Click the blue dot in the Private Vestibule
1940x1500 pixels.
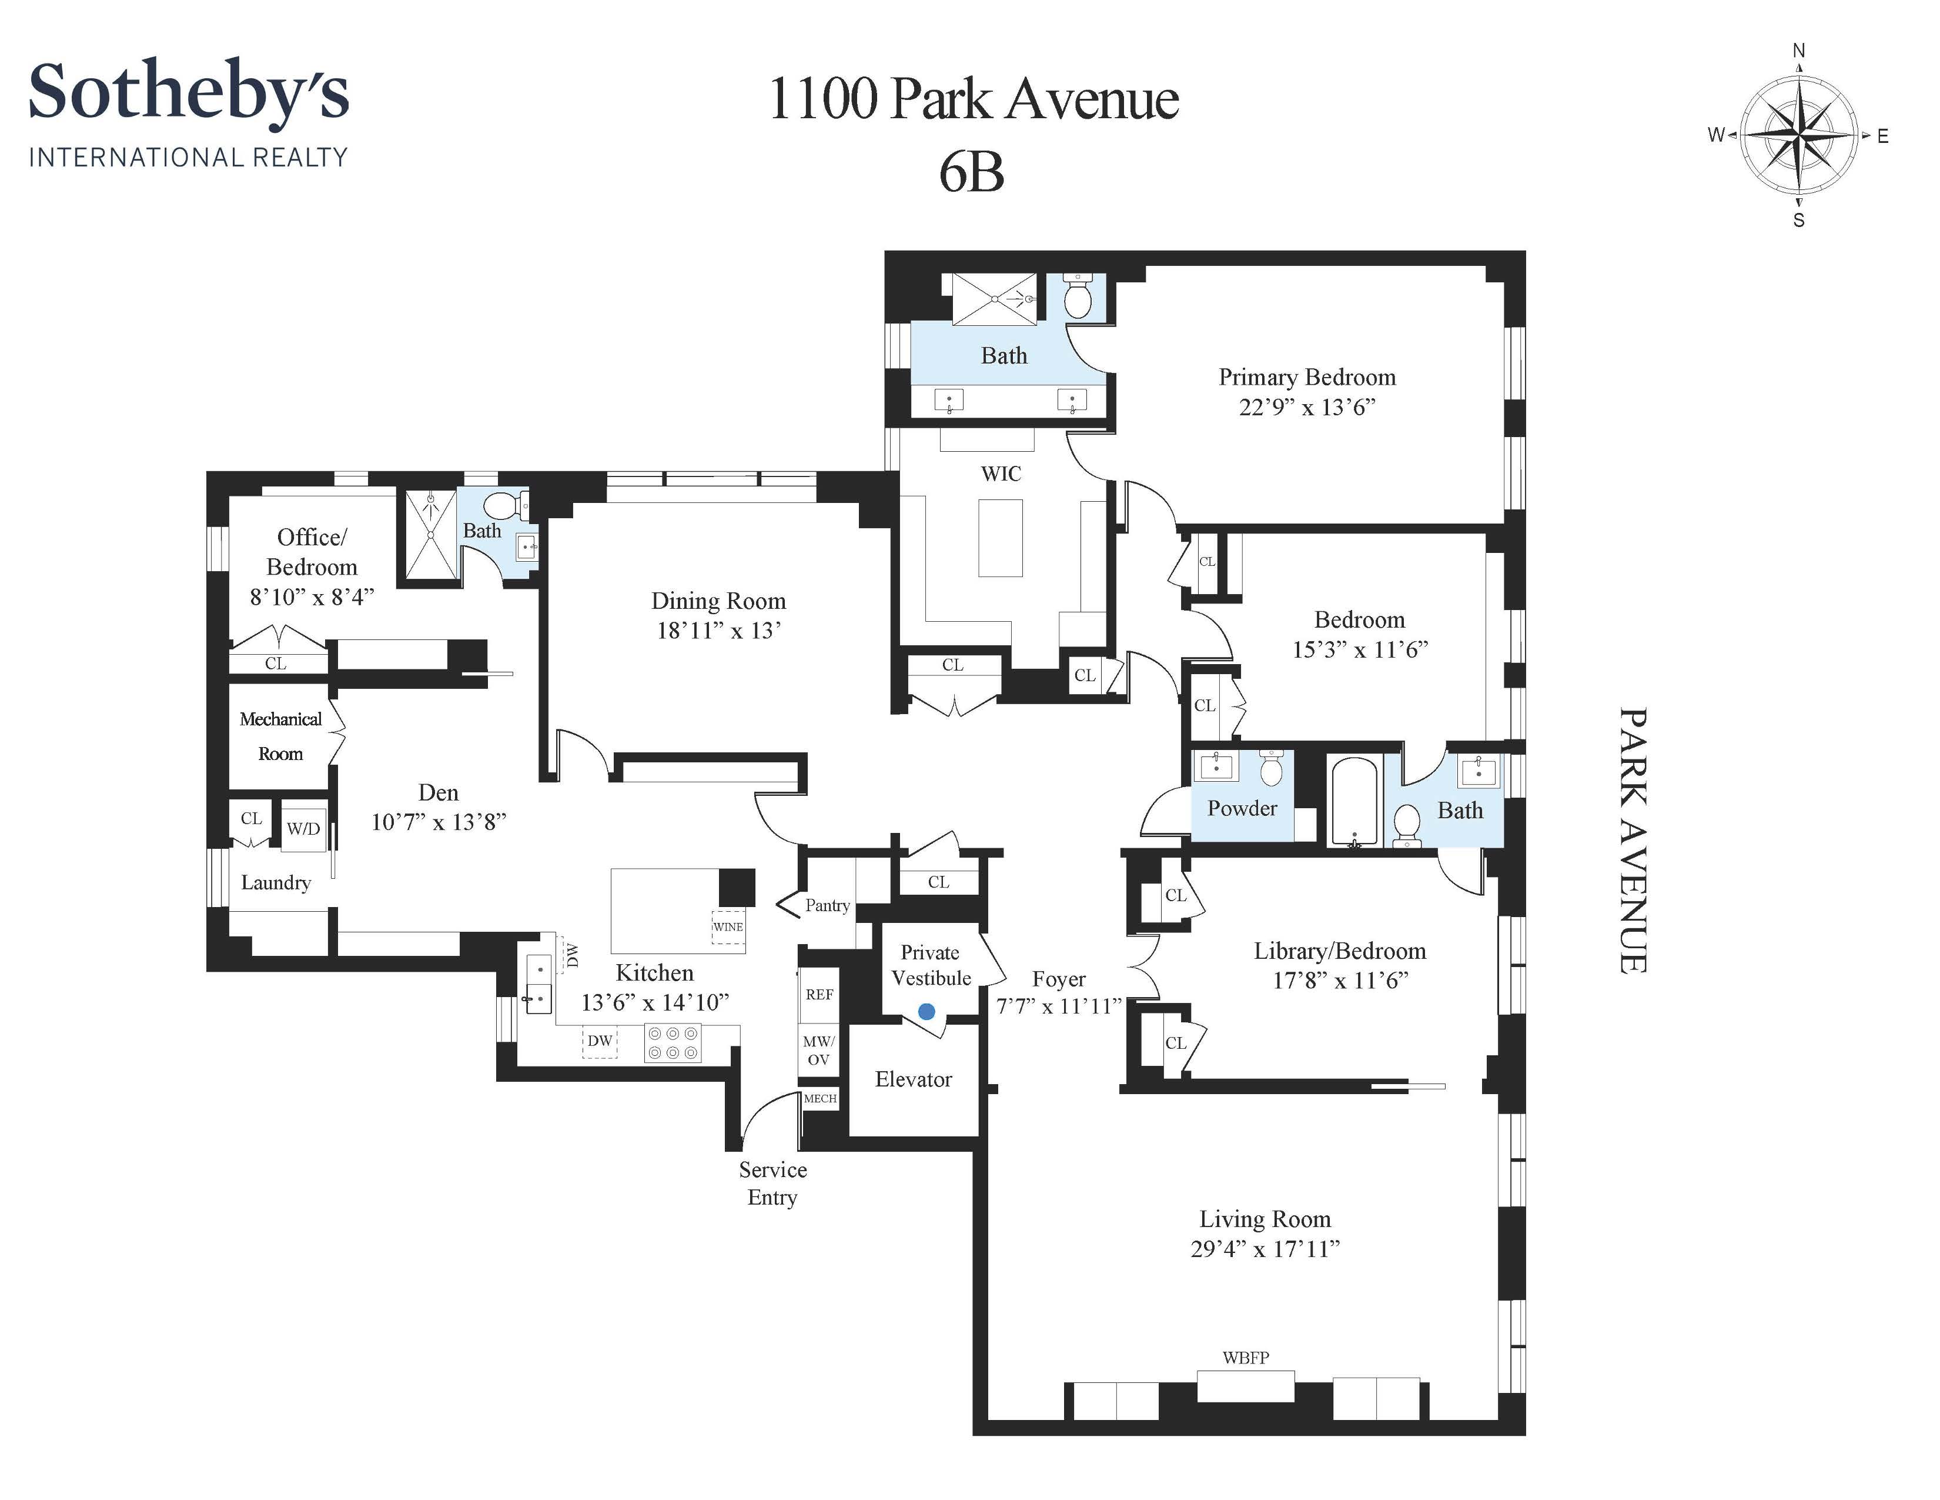926,1011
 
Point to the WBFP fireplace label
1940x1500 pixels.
1245,1357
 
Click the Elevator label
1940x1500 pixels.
913,1079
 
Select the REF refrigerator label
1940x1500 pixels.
819,994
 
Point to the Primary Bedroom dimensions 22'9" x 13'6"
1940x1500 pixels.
1307,407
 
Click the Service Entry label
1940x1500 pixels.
773,1184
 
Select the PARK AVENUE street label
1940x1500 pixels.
1633,840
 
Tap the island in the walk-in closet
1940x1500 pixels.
1000,538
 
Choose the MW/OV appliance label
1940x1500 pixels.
818,1051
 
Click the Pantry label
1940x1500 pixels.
827,905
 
